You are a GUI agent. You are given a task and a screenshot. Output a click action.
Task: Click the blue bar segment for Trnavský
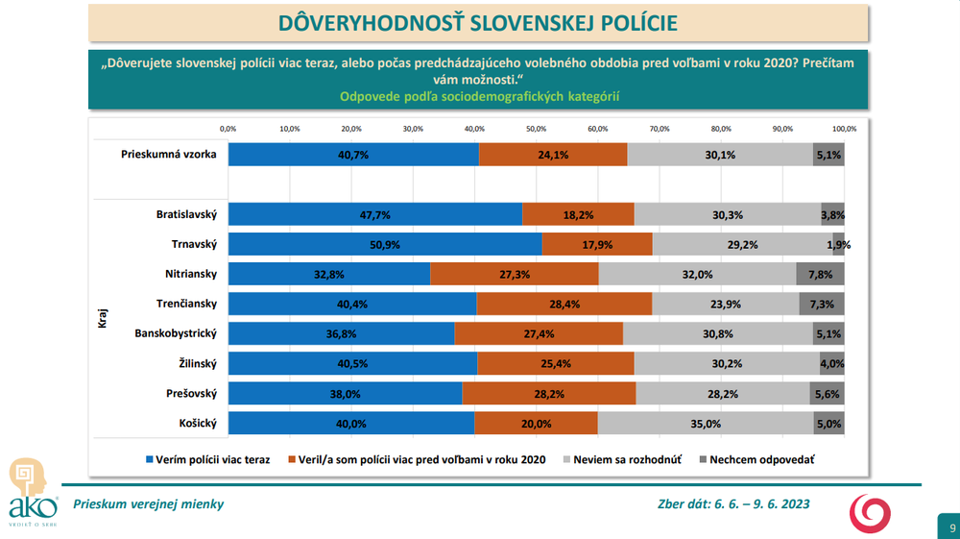385,244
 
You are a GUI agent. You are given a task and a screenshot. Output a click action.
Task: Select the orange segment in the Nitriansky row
515,274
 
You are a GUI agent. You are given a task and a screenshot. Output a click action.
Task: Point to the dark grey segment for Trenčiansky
822,304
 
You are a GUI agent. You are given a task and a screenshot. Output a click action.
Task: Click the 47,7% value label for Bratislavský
374,214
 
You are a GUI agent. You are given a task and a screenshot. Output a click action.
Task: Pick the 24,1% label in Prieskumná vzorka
553,154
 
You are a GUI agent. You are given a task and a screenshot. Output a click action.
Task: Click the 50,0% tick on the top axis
536,129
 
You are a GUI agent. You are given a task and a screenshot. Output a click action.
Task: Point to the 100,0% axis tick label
844,129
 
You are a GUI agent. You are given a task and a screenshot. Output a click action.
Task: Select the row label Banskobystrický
177,333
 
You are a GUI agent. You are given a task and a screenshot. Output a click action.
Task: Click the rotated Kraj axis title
103,318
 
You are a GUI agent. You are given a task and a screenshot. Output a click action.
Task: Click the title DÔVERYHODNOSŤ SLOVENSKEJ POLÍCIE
477,23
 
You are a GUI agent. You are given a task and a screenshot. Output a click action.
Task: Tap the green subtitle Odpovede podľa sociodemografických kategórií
477,96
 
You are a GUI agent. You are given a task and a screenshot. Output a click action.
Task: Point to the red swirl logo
871,511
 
